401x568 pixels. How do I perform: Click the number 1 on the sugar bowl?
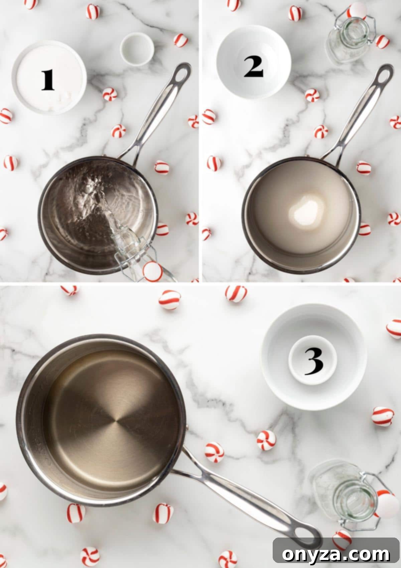[48, 80]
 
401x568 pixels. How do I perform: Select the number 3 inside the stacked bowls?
[313, 362]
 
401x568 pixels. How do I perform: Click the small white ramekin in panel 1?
[137, 49]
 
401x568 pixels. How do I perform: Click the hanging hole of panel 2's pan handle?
[384, 75]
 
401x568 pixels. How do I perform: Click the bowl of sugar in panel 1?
[49, 78]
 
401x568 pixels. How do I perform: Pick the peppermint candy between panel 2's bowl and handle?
[312, 95]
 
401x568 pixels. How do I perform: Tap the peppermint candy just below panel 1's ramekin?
[110, 94]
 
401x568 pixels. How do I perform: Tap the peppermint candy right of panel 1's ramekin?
[180, 40]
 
